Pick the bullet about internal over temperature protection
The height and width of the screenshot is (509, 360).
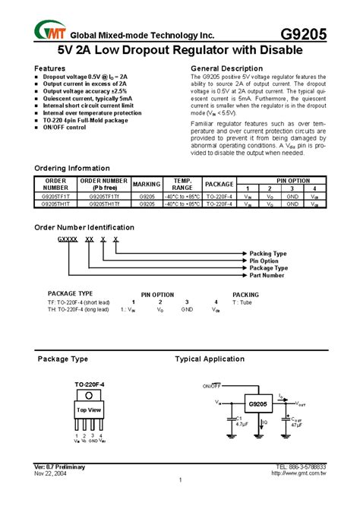[x=92, y=112]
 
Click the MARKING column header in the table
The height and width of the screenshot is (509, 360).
[x=146, y=184]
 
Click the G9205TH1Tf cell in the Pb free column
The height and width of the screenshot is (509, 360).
[x=105, y=204]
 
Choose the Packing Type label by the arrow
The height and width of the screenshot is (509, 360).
[x=268, y=253]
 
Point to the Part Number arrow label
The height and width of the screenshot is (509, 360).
[x=267, y=275]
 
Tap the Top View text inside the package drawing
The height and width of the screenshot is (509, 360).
[x=89, y=409]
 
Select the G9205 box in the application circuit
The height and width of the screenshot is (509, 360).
[x=257, y=403]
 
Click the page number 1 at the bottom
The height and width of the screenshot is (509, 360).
[x=180, y=480]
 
